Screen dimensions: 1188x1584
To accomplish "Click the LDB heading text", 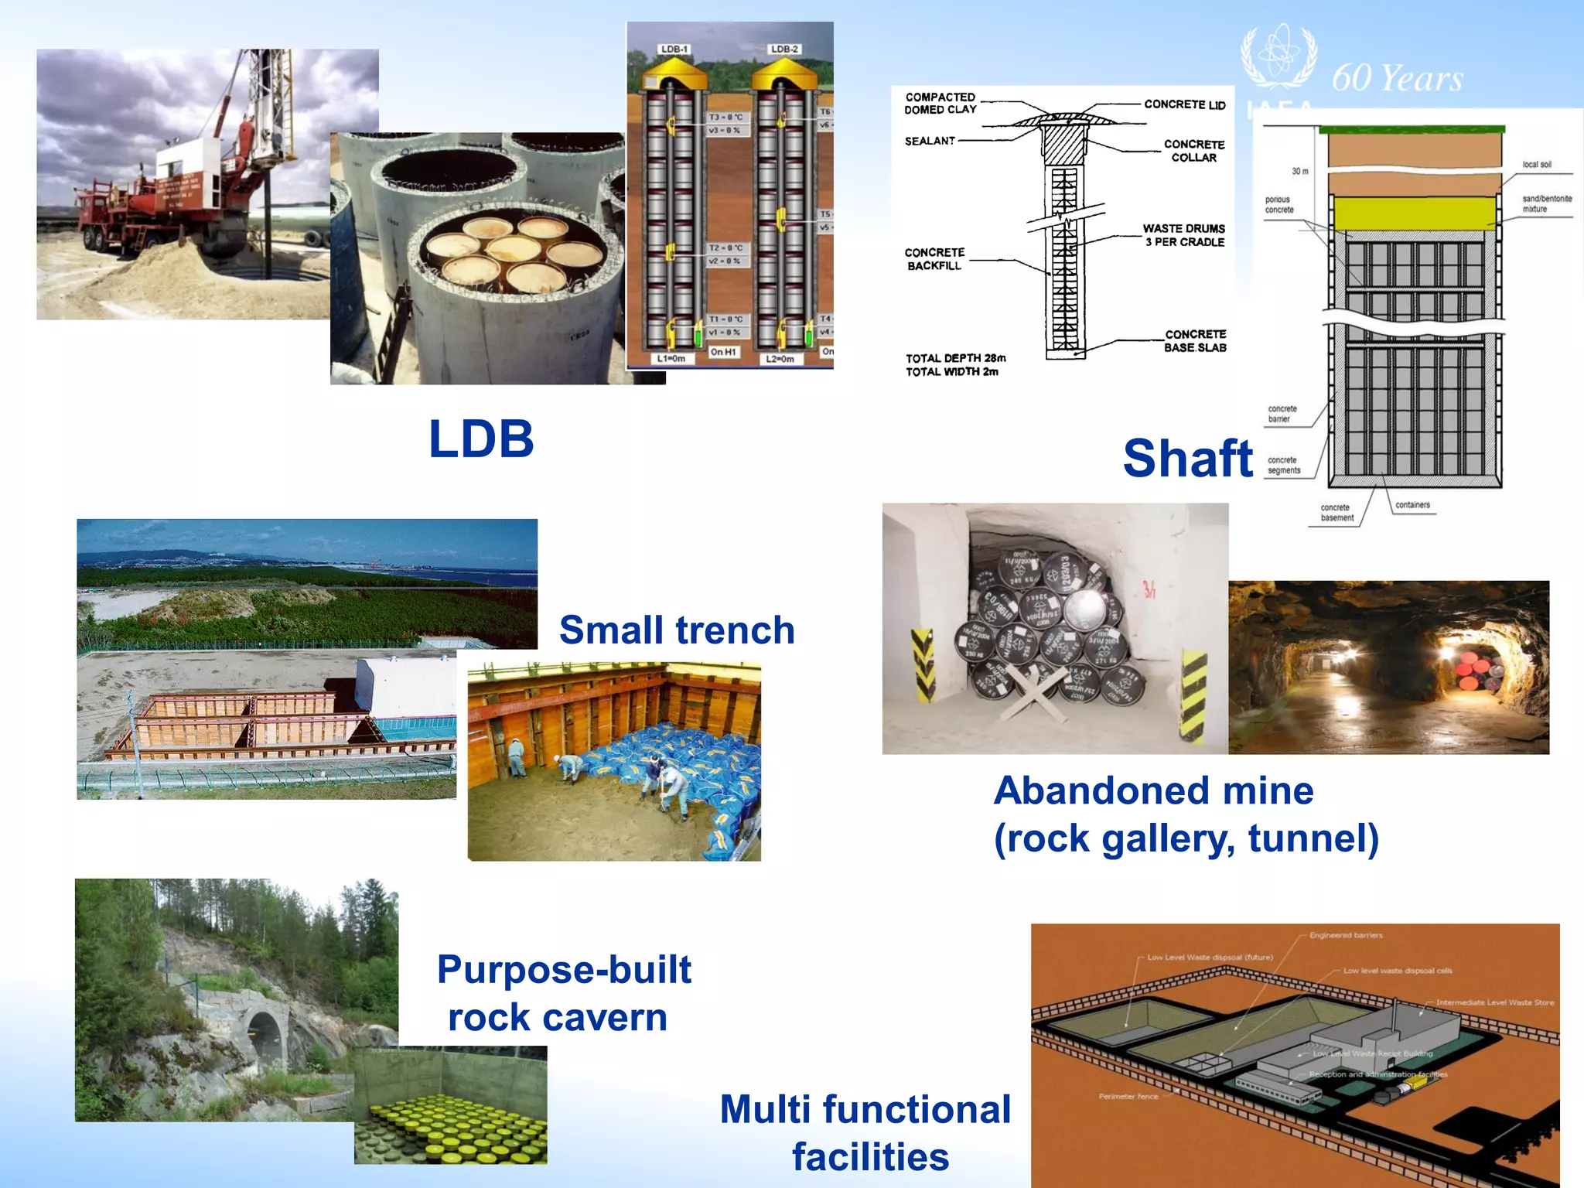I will coord(481,439).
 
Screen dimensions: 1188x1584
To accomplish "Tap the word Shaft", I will coord(1187,459).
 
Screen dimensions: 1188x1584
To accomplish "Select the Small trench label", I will coord(677,630).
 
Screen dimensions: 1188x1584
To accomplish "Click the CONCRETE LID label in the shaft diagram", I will coord(1184,104).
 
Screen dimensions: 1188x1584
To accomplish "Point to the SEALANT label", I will coord(930,141).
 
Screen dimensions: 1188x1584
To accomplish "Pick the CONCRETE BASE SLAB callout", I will coord(1195,341).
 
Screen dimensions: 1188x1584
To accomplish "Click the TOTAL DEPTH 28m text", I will coord(956,358).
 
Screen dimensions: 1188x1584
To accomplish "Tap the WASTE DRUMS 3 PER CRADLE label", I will coord(1184,235).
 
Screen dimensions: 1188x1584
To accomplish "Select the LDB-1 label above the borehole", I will coord(674,49).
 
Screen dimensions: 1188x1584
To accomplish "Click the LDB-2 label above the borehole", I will coord(784,49).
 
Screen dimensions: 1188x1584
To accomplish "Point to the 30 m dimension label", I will coord(1300,171).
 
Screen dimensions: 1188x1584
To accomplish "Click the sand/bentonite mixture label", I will coord(1547,203).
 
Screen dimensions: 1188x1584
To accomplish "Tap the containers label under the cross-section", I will coord(1412,505).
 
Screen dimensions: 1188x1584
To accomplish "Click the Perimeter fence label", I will coord(1128,1096).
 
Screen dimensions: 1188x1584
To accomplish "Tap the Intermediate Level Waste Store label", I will coord(1494,1002).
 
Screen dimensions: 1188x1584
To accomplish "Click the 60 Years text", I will coord(1398,78).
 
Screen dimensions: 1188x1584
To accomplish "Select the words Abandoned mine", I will coord(1153,791).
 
